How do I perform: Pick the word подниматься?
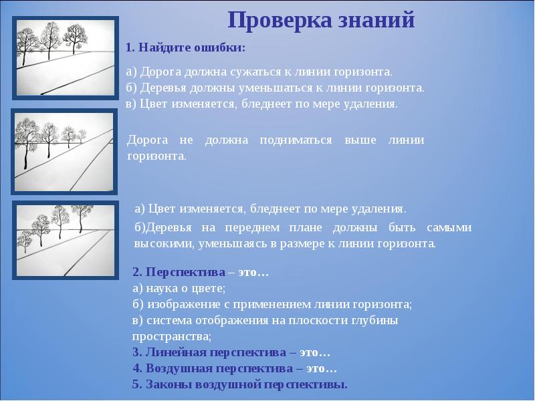[x=298, y=140]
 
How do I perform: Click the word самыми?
[x=447, y=228]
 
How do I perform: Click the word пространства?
[x=171, y=336]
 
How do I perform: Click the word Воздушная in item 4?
[x=175, y=369]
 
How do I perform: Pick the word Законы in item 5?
[x=163, y=386]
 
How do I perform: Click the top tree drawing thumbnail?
[x=64, y=59]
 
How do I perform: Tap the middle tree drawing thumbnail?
[x=64, y=152]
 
